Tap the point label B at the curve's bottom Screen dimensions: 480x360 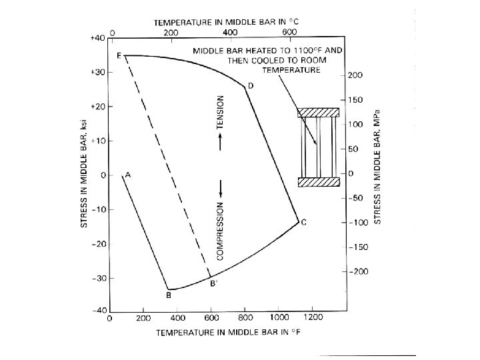169,294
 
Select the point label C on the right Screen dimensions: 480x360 303,223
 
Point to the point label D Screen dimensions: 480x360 251,86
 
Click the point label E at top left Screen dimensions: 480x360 119,56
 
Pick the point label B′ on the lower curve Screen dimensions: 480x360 213,284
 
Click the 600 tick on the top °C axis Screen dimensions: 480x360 290,31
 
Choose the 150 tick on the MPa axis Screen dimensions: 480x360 357,100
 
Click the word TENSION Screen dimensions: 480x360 220,111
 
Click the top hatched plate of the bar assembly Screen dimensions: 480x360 319,113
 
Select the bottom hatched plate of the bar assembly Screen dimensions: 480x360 319,182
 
